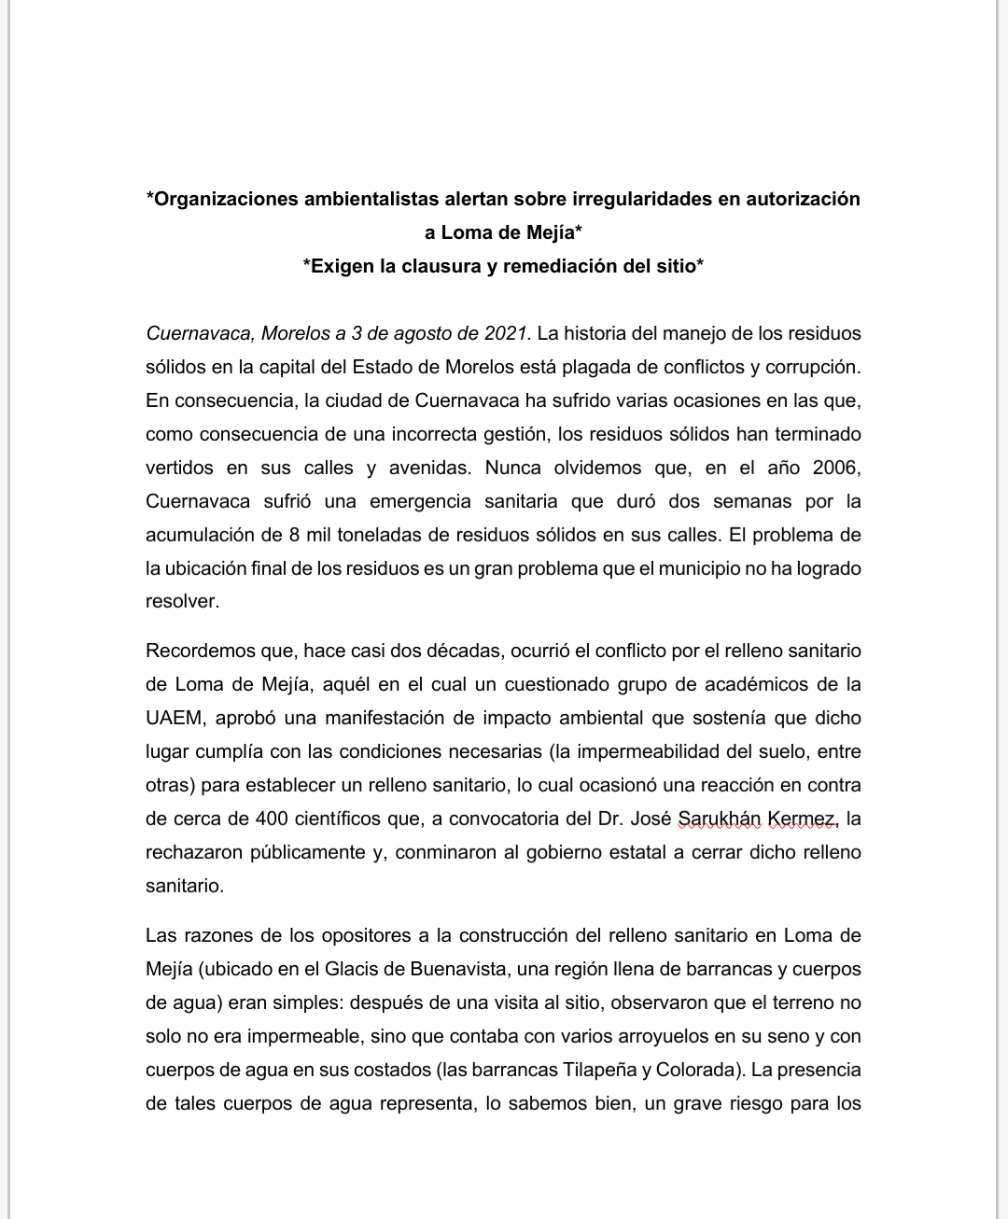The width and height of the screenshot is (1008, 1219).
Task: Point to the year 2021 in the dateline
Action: point(507,333)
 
